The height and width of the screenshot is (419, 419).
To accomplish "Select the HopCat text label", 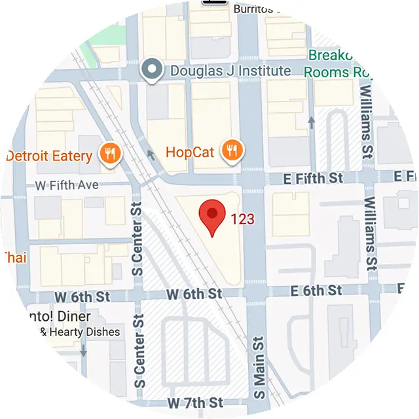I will tap(191, 153).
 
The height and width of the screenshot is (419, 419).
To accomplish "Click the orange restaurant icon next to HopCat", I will tap(232, 151).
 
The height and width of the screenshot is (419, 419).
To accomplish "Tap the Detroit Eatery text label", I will tap(49, 156).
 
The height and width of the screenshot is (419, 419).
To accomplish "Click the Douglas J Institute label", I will tap(230, 70).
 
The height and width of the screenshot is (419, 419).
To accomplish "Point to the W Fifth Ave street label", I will tap(67, 185).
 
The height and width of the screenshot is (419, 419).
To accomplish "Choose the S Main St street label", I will tap(259, 369).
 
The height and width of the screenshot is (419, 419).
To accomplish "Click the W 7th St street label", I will tap(195, 401).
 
